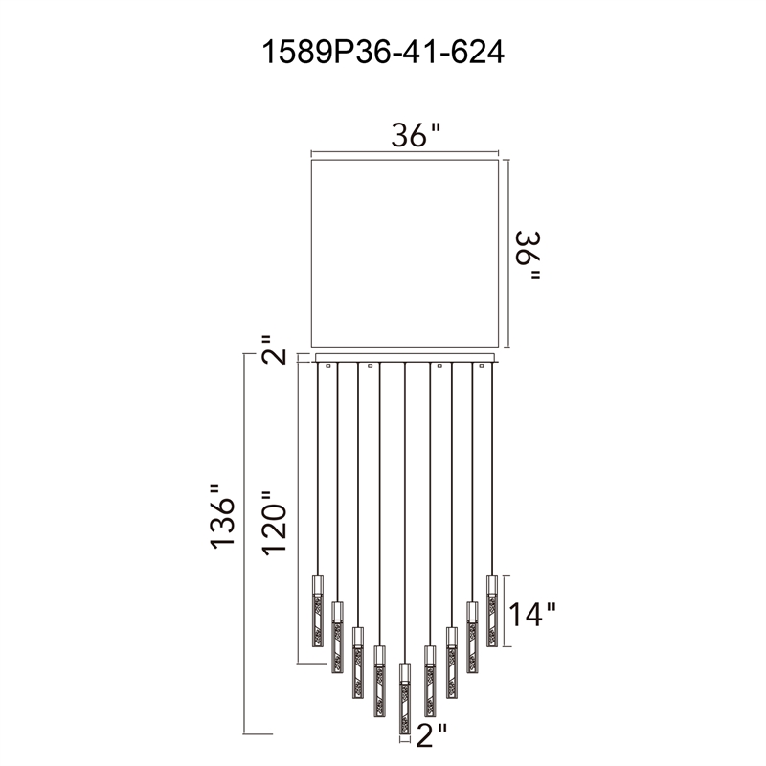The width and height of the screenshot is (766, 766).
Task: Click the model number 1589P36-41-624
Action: click(383, 53)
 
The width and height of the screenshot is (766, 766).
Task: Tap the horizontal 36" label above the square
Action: click(416, 135)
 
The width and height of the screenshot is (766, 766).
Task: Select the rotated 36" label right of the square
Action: click(529, 255)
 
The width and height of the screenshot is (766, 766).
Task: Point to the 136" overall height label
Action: click(223, 516)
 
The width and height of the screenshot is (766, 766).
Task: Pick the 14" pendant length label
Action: click(532, 614)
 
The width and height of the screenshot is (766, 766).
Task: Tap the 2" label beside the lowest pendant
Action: click(432, 735)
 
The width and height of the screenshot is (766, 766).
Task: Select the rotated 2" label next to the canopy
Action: click(274, 349)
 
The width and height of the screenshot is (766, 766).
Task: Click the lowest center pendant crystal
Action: click(404, 699)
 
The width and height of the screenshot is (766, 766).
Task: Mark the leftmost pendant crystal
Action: click(318, 611)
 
